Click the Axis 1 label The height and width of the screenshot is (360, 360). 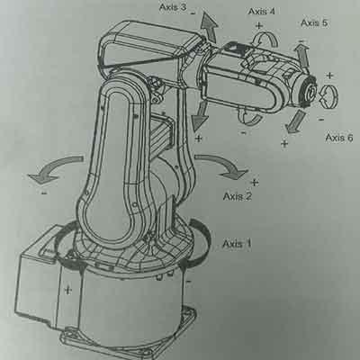[x=237, y=243]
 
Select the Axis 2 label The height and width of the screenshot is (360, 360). [x=238, y=196]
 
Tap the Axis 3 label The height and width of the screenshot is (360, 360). [x=173, y=7]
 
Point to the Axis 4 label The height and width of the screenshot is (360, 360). [x=261, y=12]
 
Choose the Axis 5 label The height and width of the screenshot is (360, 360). [x=314, y=22]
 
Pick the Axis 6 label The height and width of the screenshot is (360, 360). [x=339, y=138]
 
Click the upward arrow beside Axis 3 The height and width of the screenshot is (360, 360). [x=209, y=26]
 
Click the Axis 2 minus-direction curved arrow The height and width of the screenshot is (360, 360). [x=54, y=168]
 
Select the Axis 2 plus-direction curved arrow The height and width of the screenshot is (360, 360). [x=222, y=166]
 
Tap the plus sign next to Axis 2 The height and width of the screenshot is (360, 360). [x=255, y=183]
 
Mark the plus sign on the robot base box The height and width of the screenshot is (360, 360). [x=68, y=290]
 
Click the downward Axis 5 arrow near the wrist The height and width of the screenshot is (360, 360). [x=294, y=121]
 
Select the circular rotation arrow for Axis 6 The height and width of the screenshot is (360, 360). [x=328, y=96]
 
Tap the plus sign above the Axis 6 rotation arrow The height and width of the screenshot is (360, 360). [x=329, y=76]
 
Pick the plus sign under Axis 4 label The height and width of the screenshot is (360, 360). [x=259, y=25]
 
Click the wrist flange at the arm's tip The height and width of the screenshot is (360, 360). [x=308, y=92]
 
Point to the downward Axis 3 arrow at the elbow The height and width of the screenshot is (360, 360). [x=201, y=115]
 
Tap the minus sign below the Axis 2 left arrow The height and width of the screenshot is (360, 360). [x=44, y=193]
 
